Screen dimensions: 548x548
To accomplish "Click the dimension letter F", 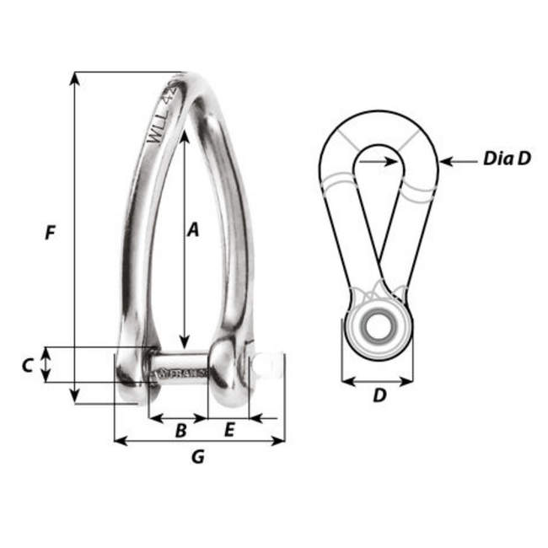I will click(x=51, y=234).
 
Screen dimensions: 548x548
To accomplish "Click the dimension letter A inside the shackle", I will click(x=192, y=229).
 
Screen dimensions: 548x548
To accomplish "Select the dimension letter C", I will click(x=27, y=365).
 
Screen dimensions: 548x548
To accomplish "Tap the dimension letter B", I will click(x=180, y=431).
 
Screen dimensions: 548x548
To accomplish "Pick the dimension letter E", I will click(x=228, y=431).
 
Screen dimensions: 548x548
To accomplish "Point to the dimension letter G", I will click(x=197, y=458).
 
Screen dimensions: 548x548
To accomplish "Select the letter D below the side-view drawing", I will click(x=379, y=395).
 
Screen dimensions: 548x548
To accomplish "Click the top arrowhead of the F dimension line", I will click(x=76, y=78).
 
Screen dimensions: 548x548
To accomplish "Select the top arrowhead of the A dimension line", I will click(x=181, y=136).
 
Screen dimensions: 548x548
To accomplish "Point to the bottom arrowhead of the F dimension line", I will click(x=76, y=395).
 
